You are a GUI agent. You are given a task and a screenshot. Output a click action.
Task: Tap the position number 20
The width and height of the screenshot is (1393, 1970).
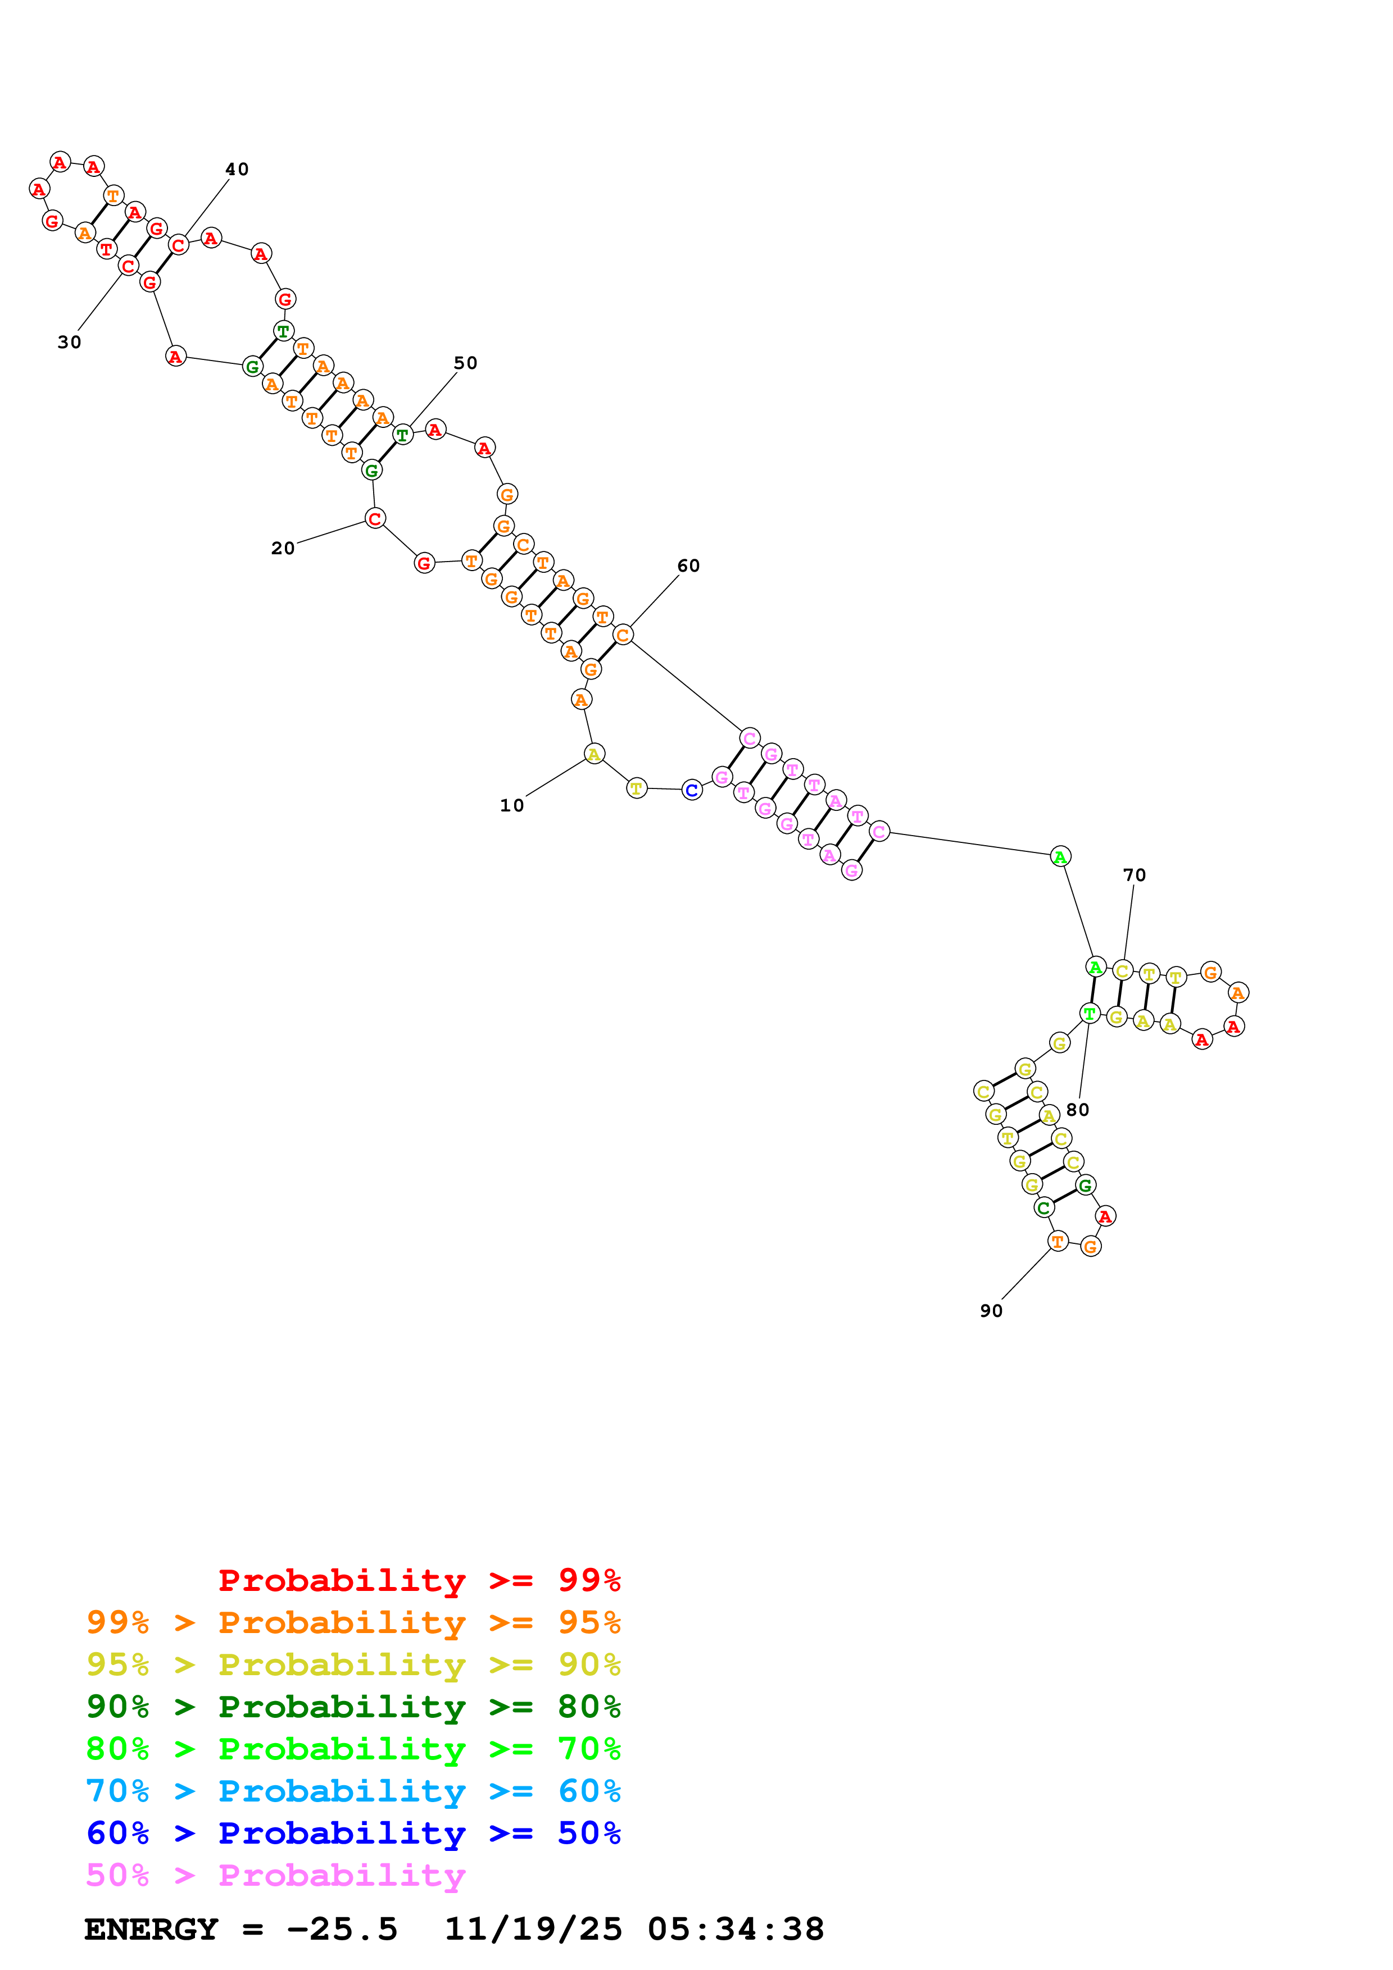click(x=283, y=548)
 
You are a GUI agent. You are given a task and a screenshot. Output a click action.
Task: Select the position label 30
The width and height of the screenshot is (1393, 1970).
click(x=70, y=343)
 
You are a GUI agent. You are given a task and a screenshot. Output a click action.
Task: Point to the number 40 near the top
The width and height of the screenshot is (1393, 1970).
click(x=237, y=169)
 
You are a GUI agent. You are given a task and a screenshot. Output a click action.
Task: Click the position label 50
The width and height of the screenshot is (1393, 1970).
click(x=465, y=363)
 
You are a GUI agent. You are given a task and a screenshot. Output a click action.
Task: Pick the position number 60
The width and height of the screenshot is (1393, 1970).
click(x=688, y=566)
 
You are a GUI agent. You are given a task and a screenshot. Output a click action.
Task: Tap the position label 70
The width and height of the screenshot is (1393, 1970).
click(x=1134, y=875)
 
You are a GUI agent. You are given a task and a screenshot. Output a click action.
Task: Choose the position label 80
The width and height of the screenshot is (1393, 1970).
click(x=1077, y=1110)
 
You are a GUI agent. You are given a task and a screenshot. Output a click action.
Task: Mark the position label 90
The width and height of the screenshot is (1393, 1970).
click(x=991, y=1311)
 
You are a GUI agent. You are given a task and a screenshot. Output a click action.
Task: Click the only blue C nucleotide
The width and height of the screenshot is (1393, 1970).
click(x=692, y=790)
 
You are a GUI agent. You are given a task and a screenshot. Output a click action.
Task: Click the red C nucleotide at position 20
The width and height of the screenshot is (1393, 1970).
click(x=375, y=518)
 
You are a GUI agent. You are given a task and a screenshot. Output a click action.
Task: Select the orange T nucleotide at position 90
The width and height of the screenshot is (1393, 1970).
click(x=1058, y=1241)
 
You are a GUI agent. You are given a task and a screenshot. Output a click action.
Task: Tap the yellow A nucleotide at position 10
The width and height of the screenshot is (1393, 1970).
click(x=594, y=754)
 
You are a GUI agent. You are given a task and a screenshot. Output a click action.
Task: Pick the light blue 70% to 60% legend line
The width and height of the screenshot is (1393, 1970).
click(x=353, y=1791)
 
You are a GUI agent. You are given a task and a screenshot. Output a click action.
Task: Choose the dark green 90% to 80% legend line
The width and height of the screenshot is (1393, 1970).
click(x=353, y=1707)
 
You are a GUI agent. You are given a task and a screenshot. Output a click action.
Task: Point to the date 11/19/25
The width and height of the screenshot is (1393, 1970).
click(x=533, y=1930)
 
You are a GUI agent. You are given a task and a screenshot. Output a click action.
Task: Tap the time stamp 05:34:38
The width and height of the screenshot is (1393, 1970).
click(x=736, y=1930)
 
